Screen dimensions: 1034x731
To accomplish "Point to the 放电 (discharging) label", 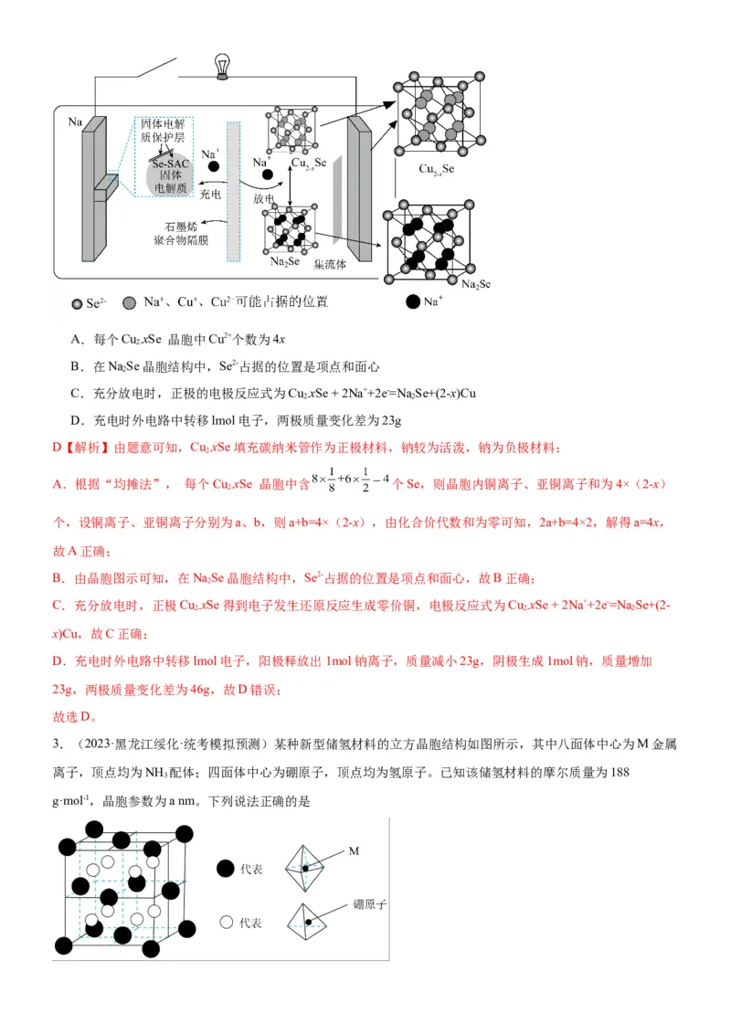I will pyautogui.click(x=264, y=197).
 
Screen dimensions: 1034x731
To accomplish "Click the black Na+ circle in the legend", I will pyautogui.click(x=413, y=301).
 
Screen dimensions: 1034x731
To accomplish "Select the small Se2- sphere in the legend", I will pyautogui.click(x=77, y=302).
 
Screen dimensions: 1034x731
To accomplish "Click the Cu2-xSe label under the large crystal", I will pyautogui.click(x=436, y=169).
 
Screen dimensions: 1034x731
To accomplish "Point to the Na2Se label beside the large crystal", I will pyautogui.click(x=476, y=285).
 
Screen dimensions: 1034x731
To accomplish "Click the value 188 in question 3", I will pyautogui.click(x=619, y=773).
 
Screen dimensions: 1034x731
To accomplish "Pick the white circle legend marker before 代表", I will pyautogui.click(x=226, y=923).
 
